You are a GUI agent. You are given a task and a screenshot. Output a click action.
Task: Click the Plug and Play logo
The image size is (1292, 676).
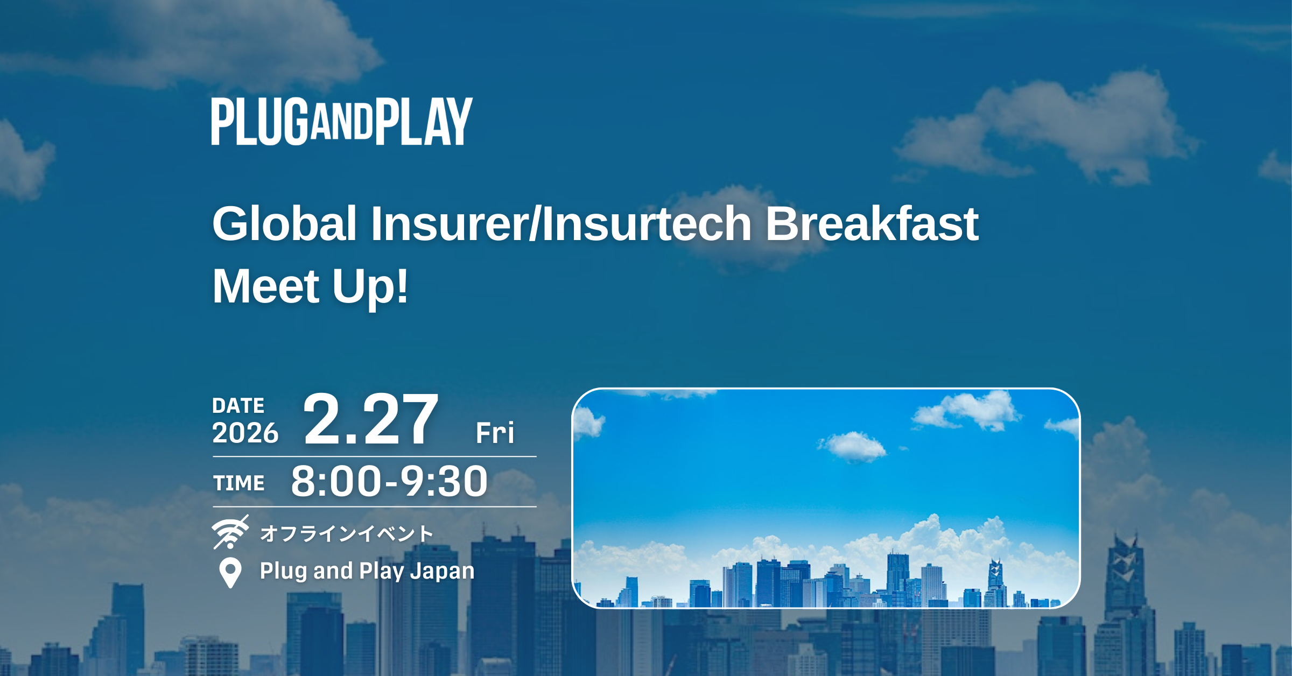342,121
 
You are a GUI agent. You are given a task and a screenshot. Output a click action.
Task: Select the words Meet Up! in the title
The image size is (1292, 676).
310,286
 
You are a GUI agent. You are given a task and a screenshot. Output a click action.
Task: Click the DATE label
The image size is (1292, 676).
238,406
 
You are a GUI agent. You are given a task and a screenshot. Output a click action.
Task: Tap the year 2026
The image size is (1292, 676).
245,433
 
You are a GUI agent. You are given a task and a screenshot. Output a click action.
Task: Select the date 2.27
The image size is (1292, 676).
371,419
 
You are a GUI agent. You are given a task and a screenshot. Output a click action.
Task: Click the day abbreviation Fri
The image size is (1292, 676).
495,432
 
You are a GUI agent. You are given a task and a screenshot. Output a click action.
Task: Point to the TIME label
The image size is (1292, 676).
238,483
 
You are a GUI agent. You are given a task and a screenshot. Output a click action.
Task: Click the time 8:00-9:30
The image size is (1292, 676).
389,481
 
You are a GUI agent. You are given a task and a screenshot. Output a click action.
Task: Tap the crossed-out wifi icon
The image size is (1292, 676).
230,532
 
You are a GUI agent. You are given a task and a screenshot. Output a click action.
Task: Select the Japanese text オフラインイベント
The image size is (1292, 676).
346,534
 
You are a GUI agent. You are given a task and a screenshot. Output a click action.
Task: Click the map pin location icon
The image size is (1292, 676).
230,572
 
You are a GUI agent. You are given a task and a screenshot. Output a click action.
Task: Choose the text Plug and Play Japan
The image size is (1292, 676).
367,571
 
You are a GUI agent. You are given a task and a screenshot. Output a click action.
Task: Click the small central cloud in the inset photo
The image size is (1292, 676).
852,446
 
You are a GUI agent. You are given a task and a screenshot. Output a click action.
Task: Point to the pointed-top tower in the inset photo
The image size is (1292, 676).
996,581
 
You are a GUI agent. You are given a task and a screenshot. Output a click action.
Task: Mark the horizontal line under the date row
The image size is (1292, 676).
375,456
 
